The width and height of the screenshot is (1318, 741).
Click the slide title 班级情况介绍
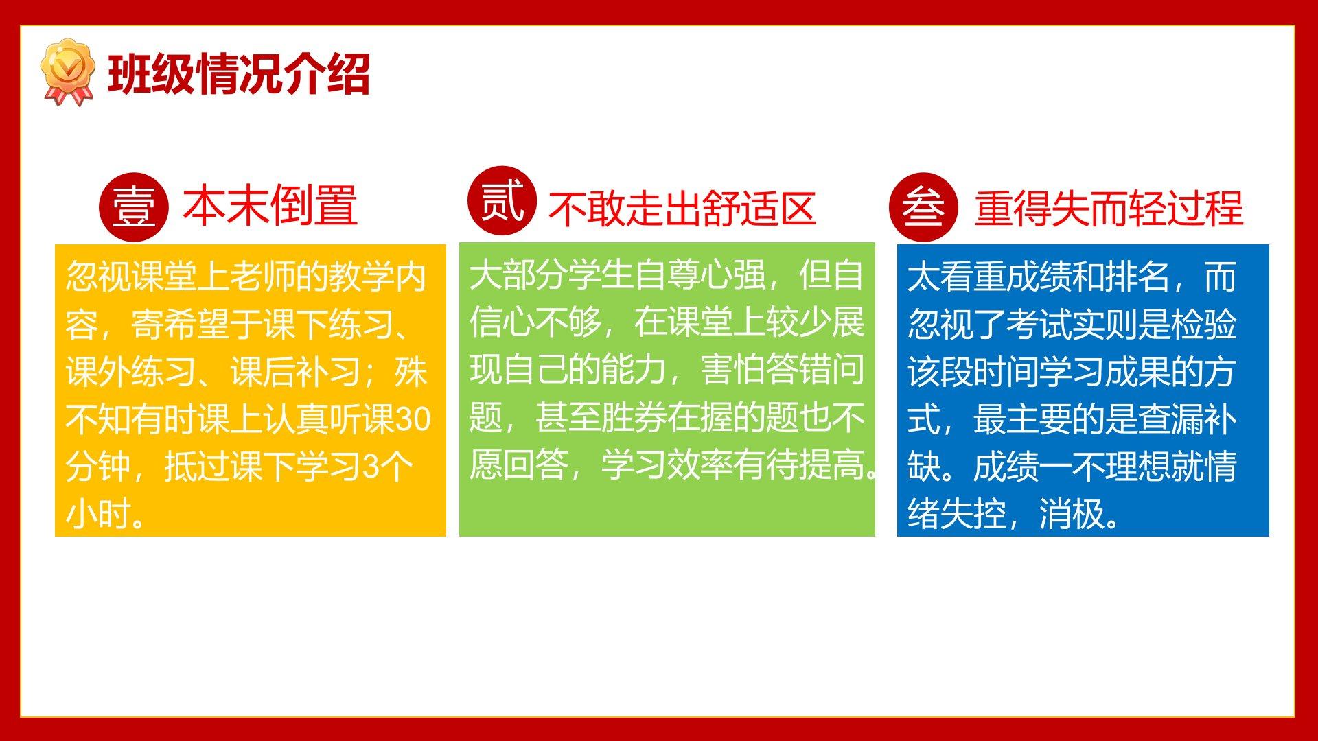pos(240,73)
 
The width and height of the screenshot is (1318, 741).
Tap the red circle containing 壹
pos(133,207)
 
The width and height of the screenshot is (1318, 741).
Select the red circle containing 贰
pos(501,200)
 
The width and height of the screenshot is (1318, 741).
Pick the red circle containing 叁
pos(923,207)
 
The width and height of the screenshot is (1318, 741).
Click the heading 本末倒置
pos(270,205)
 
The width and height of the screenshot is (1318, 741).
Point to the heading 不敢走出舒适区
pos(682,209)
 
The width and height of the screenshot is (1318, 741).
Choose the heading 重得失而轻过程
pos(1109,208)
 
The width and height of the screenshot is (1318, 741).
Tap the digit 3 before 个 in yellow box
pos(370,467)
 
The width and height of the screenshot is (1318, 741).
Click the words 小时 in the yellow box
pos(97,514)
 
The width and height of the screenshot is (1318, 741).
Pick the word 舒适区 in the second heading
pos(765,209)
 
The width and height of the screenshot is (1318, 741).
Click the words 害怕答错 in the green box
pos(766,370)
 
